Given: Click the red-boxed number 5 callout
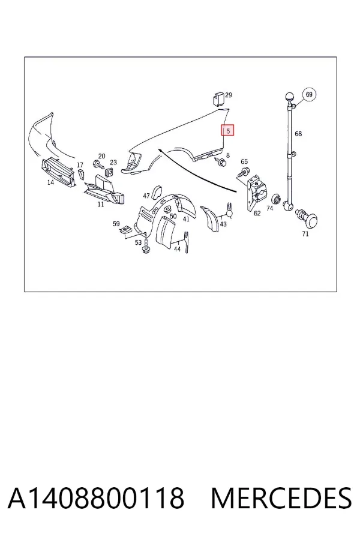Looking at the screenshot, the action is pos(228,130).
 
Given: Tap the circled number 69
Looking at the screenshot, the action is pos(309,94).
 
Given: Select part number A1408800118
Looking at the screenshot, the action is pos(96,498).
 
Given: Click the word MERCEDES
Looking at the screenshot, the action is pos(281,498).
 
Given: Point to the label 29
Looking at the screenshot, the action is pos(229,95).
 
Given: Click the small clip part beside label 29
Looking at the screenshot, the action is pos(217,98).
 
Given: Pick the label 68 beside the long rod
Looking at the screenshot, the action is pos(298,134).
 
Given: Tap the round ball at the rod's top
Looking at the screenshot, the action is pos(289,97).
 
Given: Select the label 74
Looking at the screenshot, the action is pos(270,208).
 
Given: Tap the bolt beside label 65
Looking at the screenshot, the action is pos(244,171).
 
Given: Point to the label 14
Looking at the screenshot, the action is pos(50,182).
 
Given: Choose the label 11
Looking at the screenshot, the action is pos(101,204).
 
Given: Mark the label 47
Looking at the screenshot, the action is pos(146,196).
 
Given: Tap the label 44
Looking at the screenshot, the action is pos(177,249).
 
